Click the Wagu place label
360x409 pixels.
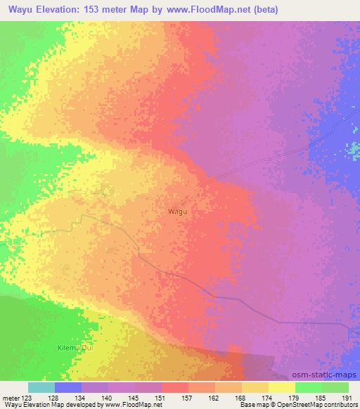point(177,210)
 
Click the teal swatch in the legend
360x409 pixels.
point(41,387)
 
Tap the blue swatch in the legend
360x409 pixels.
point(67,387)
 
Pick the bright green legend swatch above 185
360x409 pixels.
point(308,387)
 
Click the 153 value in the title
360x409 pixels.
point(96,11)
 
